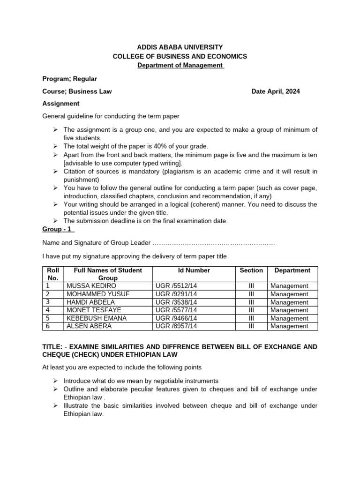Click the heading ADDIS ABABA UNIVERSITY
point(180,47)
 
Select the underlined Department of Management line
point(180,65)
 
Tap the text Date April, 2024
point(276,91)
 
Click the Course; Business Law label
point(77,91)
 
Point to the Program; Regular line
point(70,79)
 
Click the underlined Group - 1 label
point(58,230)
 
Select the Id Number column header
point(194,270)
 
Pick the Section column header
point(251,270)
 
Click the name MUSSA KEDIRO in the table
point(91,286)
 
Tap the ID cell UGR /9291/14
point(176,294)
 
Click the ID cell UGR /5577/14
point(176,310)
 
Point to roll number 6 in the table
point(48,326)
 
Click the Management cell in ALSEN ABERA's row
point(289,326)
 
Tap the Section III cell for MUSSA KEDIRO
point(251,286)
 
